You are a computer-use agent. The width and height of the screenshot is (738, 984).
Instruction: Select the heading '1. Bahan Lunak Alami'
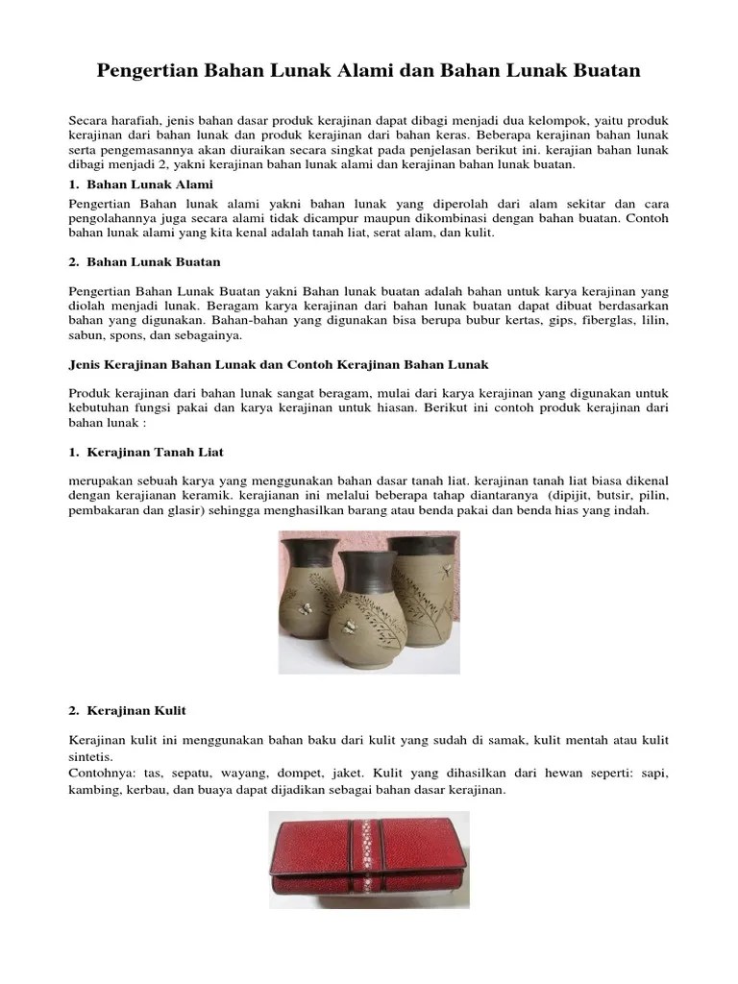(x=141, y=184)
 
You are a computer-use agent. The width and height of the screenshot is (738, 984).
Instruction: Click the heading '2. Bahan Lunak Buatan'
(x=145, y=261)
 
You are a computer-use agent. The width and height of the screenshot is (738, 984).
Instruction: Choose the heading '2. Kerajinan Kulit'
(x=128, y=710)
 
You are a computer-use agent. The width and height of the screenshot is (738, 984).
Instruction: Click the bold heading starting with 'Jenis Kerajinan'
(x=279, y=365)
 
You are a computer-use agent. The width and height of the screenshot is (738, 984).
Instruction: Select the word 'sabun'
(x=86, y=336)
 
